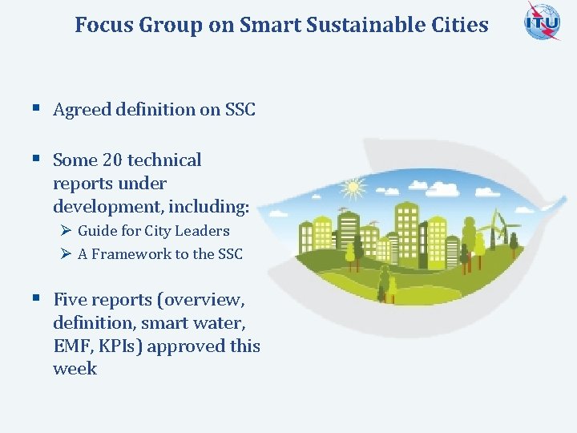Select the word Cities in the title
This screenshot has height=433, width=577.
pyautogui.click(x=460, y=25)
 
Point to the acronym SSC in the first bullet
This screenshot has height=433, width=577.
pyautogui.click(x=240, y=110)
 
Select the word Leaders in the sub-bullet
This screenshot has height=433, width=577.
pyautogui.click(x=204, y=231)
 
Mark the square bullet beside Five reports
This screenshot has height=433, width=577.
pyautogui.click(x=36, y=299)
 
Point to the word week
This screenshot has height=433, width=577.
pyautogui.click(x=75, y=369)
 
